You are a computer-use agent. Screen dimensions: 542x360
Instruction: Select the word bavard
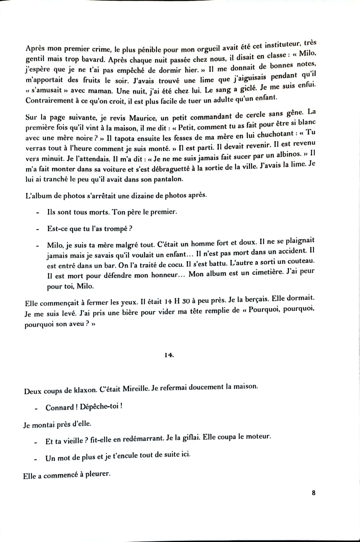point(93,59)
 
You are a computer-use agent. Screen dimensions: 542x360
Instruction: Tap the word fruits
point(92,80)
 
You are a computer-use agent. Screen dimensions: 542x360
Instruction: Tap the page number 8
point(313,493)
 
